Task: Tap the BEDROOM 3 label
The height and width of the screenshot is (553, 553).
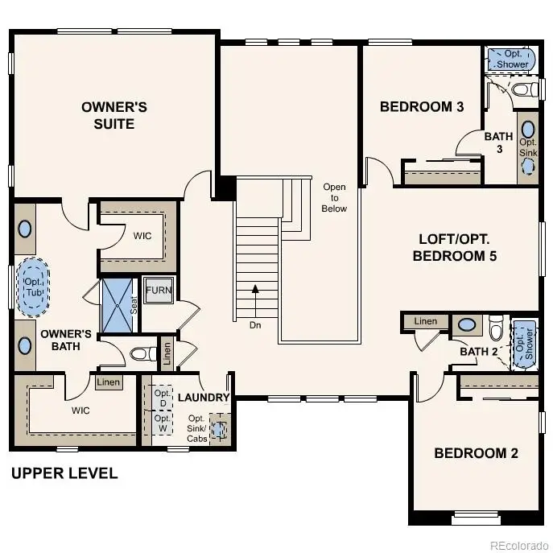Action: [x=421, y=106]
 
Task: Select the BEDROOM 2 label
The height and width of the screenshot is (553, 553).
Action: [x=476, y=453]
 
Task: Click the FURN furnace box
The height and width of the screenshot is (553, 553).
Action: [x=158, y=291]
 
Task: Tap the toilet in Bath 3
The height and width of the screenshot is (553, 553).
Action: [x=523, y=89]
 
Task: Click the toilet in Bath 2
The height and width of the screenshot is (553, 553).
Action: [x=496, y=328]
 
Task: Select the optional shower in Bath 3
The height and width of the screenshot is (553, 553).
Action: [x=512, y=59]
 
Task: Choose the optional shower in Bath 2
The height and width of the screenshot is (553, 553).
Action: [x=525, y=342]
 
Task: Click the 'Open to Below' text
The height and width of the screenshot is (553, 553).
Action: [x=334, y=198]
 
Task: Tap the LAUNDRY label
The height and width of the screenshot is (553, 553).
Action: [x=204, y=398]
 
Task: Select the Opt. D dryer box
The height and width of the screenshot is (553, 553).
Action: [x=162, y=398]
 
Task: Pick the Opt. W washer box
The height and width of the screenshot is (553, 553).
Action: [x=162, y=423]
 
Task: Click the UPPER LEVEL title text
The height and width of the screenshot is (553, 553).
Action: [x=64, y=473]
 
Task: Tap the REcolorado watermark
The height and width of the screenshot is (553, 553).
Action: [x=518, y=543]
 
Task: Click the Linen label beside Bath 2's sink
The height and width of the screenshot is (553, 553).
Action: [x=426, y=322]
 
